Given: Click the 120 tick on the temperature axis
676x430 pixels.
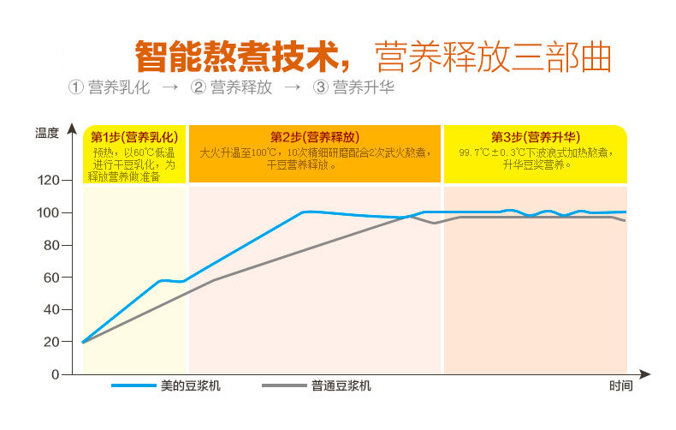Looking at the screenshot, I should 48,181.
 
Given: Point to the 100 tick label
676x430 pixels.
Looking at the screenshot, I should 48,212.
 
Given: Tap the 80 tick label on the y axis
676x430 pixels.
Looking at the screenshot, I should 50,245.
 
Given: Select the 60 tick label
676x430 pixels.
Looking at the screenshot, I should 50,278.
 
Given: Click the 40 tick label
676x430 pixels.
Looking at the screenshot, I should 50,309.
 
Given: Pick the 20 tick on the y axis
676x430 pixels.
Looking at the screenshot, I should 50,342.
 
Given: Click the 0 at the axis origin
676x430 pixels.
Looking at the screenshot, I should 55,374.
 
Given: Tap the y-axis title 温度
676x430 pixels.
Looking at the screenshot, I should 47,133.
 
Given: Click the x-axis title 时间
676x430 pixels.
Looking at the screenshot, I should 621,386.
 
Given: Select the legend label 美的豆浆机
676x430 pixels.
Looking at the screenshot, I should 191,386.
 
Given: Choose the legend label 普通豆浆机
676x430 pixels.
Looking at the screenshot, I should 341,386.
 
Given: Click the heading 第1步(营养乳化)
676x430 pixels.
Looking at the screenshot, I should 134,136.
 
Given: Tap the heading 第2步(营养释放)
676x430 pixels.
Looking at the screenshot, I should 314,136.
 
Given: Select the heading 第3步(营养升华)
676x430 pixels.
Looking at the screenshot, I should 536,136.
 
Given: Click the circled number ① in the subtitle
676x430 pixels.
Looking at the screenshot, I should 75,87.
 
